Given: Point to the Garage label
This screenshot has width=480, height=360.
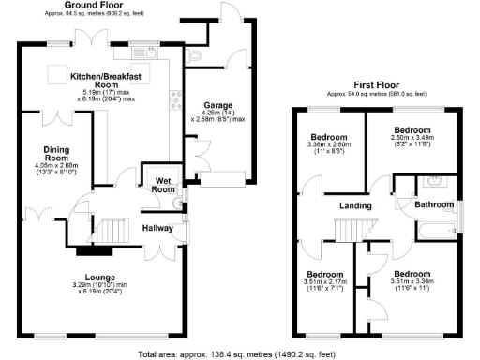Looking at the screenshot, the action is click(x=218, y=106).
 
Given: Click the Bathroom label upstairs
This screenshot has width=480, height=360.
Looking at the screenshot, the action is click(x=433, y=203).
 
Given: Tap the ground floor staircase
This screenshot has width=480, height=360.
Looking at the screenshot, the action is click(x=112, y=228).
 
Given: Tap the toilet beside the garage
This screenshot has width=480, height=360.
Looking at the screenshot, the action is click(x=195, y=58).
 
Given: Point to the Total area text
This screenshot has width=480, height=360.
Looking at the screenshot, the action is click(x=235, y=355).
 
